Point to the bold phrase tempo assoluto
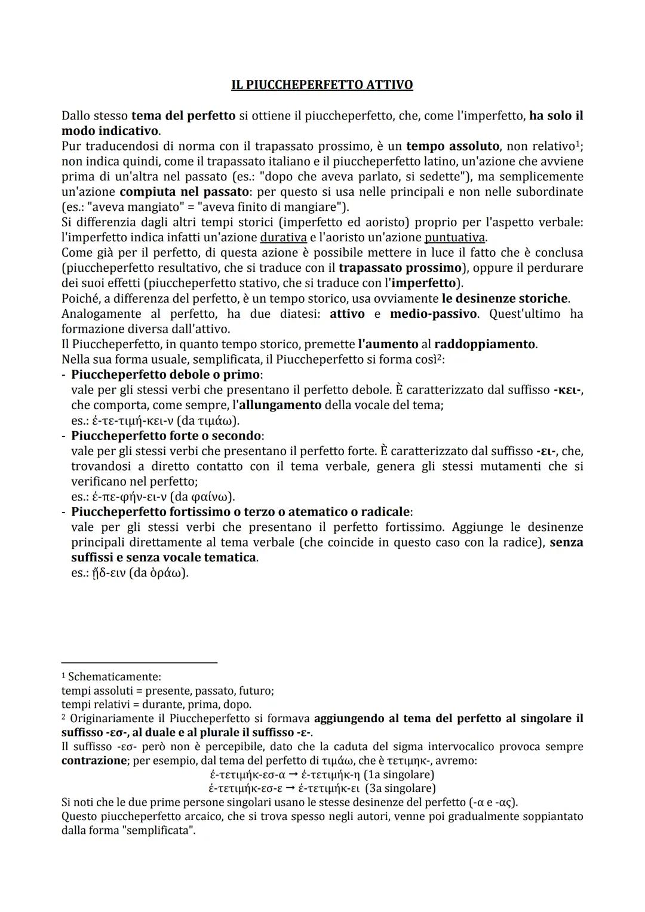click(453, 146)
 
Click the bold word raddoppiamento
click(484, 345)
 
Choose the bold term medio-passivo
click(433, 314)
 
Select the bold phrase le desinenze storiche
click(505, 299)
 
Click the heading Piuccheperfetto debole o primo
click(165, 375)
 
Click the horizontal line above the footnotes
click(139, 662)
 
